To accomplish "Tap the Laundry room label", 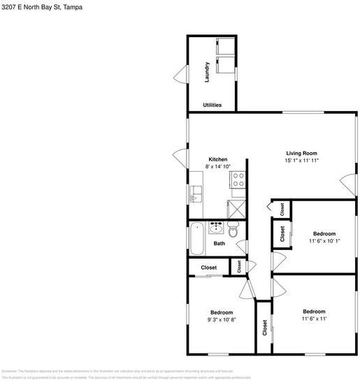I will click(208, 73).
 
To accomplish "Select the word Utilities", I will click(212, 105).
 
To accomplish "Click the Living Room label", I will click(302, 153).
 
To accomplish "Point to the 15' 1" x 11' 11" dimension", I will click(302, 161).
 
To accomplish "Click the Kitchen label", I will click(218, 159).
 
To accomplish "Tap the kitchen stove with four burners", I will click(238, 180).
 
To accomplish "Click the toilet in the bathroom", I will click(233, 229).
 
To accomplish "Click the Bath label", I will click(219, 244).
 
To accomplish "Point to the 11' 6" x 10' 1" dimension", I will click(324, 241).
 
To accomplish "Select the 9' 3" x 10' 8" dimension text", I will click(222, 319).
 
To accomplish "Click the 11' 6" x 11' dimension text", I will click(314, 319).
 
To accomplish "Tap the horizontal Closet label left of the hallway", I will click(209, 268).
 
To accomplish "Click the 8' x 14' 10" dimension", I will click(218, 166).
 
